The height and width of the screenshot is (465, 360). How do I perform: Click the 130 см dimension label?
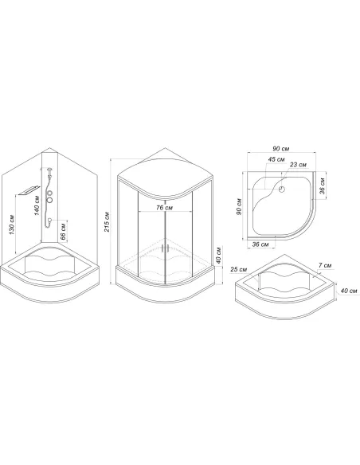pos(12,225)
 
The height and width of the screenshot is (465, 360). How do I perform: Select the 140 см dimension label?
pos(37,205)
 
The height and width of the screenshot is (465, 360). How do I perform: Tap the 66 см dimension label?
pos(63,231)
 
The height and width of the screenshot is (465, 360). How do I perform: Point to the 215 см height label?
pos(107,222)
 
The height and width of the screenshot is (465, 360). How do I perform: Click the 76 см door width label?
pos(165,208)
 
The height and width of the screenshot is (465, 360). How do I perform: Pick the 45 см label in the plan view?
pos(276,159)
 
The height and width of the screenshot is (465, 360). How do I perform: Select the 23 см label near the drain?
pos(298,164)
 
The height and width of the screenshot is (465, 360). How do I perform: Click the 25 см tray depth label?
pos(239,269)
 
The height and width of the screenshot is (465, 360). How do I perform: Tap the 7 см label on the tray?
pos(325,265)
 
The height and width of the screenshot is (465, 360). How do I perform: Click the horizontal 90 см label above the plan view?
pos(280,148)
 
